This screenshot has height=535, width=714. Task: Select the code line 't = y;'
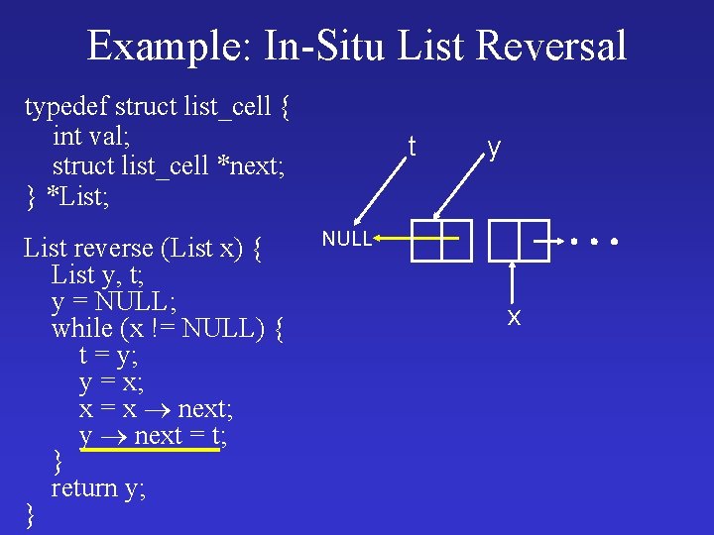[x=109, y=354]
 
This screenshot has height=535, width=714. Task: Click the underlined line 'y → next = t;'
[x=153, y=436]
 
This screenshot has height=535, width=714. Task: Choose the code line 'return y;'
[x=98, y=487]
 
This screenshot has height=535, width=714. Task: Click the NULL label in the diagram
[x=346, y=239]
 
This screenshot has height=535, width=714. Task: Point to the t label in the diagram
[x=412, y=148]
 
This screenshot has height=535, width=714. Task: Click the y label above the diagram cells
[x=493, y=148]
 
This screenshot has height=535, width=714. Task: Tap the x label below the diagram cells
[x=514, y=317]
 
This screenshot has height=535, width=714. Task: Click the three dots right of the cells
[x=594, y=241]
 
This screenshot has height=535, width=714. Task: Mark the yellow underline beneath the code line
[x=149, y=450]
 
